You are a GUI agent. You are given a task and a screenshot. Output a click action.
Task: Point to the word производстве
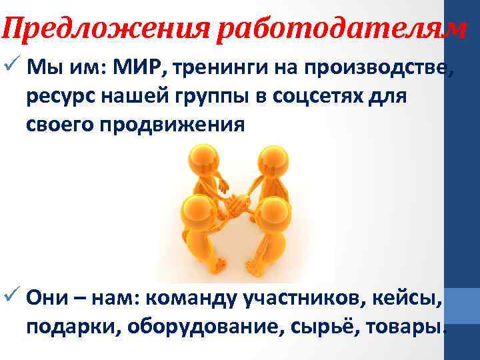coord(387,67)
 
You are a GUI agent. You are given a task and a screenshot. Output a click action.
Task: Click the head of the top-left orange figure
coord(203,157)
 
